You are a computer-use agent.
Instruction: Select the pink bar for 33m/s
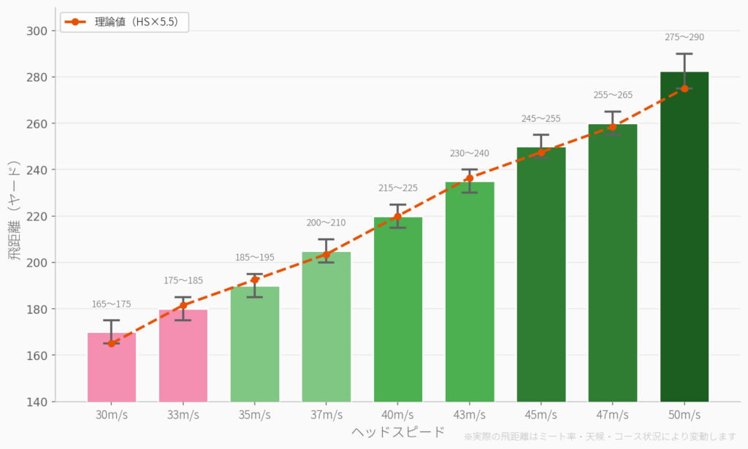(x=183, y=358)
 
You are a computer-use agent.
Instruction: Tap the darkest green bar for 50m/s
(x=684, y=241)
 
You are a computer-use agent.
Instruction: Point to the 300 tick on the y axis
(x=37, y=31)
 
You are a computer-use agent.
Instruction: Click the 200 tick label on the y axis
(x=37, y=263)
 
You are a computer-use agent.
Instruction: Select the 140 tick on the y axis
(x=37, y=402)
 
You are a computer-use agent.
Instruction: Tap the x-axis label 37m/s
(x=326, y=415)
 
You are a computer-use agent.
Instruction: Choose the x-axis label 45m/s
(x=541, y=415)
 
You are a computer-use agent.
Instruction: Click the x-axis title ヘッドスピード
(x=397, y=431)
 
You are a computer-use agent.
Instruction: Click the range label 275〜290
(x=684, y=37)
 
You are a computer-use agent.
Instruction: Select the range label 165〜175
(x=111, y=304)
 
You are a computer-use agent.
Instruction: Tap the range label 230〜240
(x=469, y=153)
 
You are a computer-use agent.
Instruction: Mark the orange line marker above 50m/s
(x=684, y=88)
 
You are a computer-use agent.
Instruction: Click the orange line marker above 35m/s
(x=254, y=280)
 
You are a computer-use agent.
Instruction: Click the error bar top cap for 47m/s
(x=612, y=112)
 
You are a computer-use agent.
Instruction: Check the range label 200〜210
(x=326, y=223)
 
